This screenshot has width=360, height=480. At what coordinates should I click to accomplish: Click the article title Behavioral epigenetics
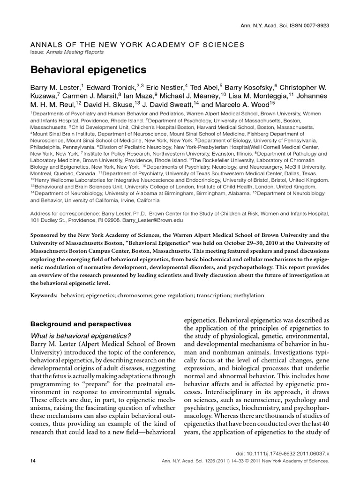[89, 69]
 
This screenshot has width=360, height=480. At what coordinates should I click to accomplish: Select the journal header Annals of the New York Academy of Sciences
[137, 45]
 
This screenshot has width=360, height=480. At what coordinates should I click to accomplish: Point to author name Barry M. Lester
[56, 88]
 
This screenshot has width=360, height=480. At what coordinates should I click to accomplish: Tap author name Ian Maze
[140, 97]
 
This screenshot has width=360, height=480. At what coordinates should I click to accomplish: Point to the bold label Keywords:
[44, 296]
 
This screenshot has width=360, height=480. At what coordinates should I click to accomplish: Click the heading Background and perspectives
[81, 324]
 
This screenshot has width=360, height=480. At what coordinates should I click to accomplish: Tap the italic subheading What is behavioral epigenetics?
[81, 335]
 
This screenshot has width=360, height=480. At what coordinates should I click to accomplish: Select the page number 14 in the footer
[33, 461]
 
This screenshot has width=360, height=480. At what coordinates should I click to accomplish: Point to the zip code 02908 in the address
[113, 219]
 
